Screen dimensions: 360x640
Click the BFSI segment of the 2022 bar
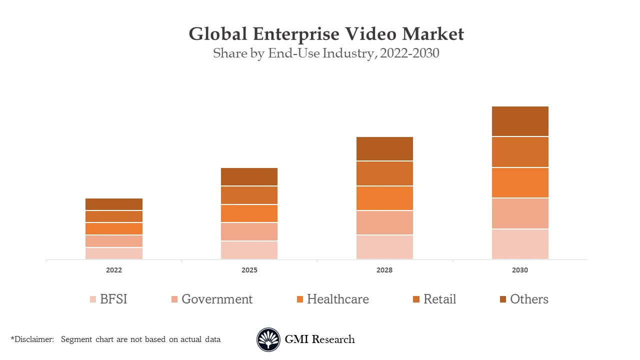point(114,253)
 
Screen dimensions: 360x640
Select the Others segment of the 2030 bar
point(520,121)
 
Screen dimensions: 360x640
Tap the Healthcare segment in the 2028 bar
point(384,198)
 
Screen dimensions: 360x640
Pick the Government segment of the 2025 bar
point(249,231)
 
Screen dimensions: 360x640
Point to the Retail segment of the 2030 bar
point(520,152)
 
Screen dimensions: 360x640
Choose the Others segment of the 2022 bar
point(114,204)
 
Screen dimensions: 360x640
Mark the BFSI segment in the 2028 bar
point(384,247)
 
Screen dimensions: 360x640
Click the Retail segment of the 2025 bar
point(249,195)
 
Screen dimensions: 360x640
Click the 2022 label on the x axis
point(114,270)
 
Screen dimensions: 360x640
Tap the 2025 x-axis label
point(249,270)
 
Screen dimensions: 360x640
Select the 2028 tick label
point(384,270)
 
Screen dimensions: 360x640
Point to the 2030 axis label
point(520,270)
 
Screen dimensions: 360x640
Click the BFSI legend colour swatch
point(93,299)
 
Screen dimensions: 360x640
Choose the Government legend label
point(217,299)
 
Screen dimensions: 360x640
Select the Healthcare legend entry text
point(338,299)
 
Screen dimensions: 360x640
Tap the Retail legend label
point(439,299)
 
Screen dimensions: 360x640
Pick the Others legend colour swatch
point(503,299)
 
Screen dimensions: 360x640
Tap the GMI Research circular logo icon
point(268,339)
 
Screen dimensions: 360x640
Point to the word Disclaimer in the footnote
point(33,339)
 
